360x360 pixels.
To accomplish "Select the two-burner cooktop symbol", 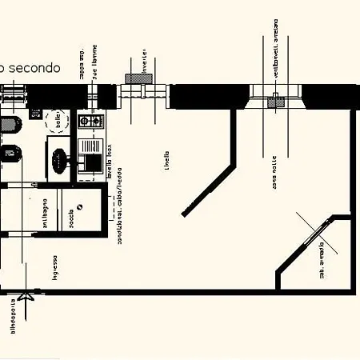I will click(x=90, y=121).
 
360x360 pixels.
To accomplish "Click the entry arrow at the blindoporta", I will click(x=29, y=297).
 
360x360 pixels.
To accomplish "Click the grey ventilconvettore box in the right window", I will click(x=276, y=102).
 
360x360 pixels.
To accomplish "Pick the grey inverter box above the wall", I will click(x=134, y=78).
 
